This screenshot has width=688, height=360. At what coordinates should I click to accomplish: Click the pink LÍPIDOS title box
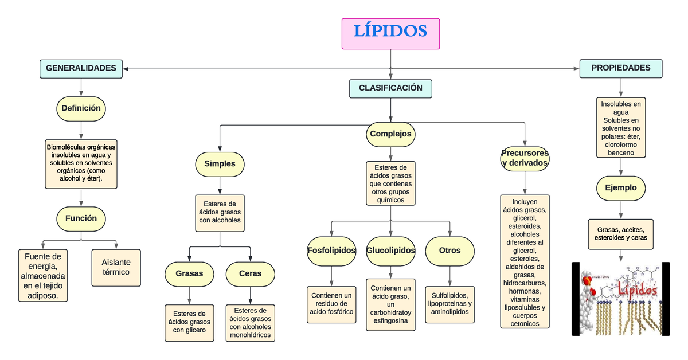coord(390,33)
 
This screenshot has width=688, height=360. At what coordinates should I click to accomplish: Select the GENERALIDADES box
coord(81,68)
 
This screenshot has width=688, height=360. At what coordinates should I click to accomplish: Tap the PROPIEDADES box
coord(620,68)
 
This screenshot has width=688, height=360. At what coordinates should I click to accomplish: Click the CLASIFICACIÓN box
coord(390,88)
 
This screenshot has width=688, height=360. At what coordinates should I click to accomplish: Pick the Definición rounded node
coord(81,108)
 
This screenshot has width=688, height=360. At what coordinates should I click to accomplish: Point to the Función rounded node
coord(81,218)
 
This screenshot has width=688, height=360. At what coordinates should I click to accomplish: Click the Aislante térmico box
coord(116,268)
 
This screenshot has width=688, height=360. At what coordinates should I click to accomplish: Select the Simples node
coord(220,164)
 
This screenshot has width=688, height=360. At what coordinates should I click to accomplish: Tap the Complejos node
coord(390,134)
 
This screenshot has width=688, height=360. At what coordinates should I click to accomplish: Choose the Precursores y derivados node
coord(525,158)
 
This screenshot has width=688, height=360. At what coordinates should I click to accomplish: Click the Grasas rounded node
coord(189,273)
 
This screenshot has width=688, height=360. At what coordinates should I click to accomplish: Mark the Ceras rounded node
coord(250,273)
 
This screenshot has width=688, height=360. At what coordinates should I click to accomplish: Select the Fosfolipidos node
coord(331,251)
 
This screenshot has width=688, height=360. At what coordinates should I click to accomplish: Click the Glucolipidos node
coord(390,251)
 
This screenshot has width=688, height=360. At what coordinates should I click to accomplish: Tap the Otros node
coord(449,251)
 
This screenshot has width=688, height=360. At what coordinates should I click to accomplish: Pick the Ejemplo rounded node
coord(620,187)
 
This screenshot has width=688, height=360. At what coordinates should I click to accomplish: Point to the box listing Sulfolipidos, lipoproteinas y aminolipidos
coord(449,304)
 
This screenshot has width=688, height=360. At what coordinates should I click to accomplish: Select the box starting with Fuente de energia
coord(44,275)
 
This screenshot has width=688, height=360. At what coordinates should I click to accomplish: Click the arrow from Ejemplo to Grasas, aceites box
coord(620,210)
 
